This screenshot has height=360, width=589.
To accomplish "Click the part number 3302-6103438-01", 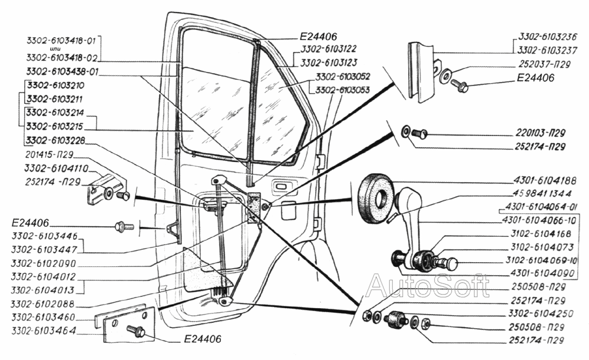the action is point(62,71).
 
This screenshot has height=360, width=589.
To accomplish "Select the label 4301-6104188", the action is point(545,181).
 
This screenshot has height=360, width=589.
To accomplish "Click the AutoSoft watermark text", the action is point(428,286).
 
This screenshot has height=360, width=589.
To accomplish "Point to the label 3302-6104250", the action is point(541,313).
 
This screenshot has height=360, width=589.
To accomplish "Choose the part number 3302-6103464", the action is point(44,331).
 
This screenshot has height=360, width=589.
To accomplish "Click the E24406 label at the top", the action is point(318,37).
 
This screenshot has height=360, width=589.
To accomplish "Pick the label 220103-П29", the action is point(540,133).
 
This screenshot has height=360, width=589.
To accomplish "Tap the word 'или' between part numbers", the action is point(55,49).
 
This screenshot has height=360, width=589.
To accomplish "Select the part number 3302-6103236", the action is point(547,37).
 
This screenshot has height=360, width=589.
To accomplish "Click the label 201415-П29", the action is point(49,154).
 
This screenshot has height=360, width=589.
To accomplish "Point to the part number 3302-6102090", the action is point(44,263).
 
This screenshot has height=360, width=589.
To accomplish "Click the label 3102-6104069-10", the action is point(541,260).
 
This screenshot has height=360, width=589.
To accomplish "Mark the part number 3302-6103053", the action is point(343,90).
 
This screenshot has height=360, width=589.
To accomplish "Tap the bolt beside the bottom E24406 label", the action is point(136,331).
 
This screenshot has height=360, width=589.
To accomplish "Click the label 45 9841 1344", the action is point(542,193).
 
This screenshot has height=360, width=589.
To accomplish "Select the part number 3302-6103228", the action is point(55,140).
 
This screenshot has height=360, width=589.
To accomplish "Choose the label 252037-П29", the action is point(544,64).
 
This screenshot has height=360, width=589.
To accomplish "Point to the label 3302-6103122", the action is point(328,49).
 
